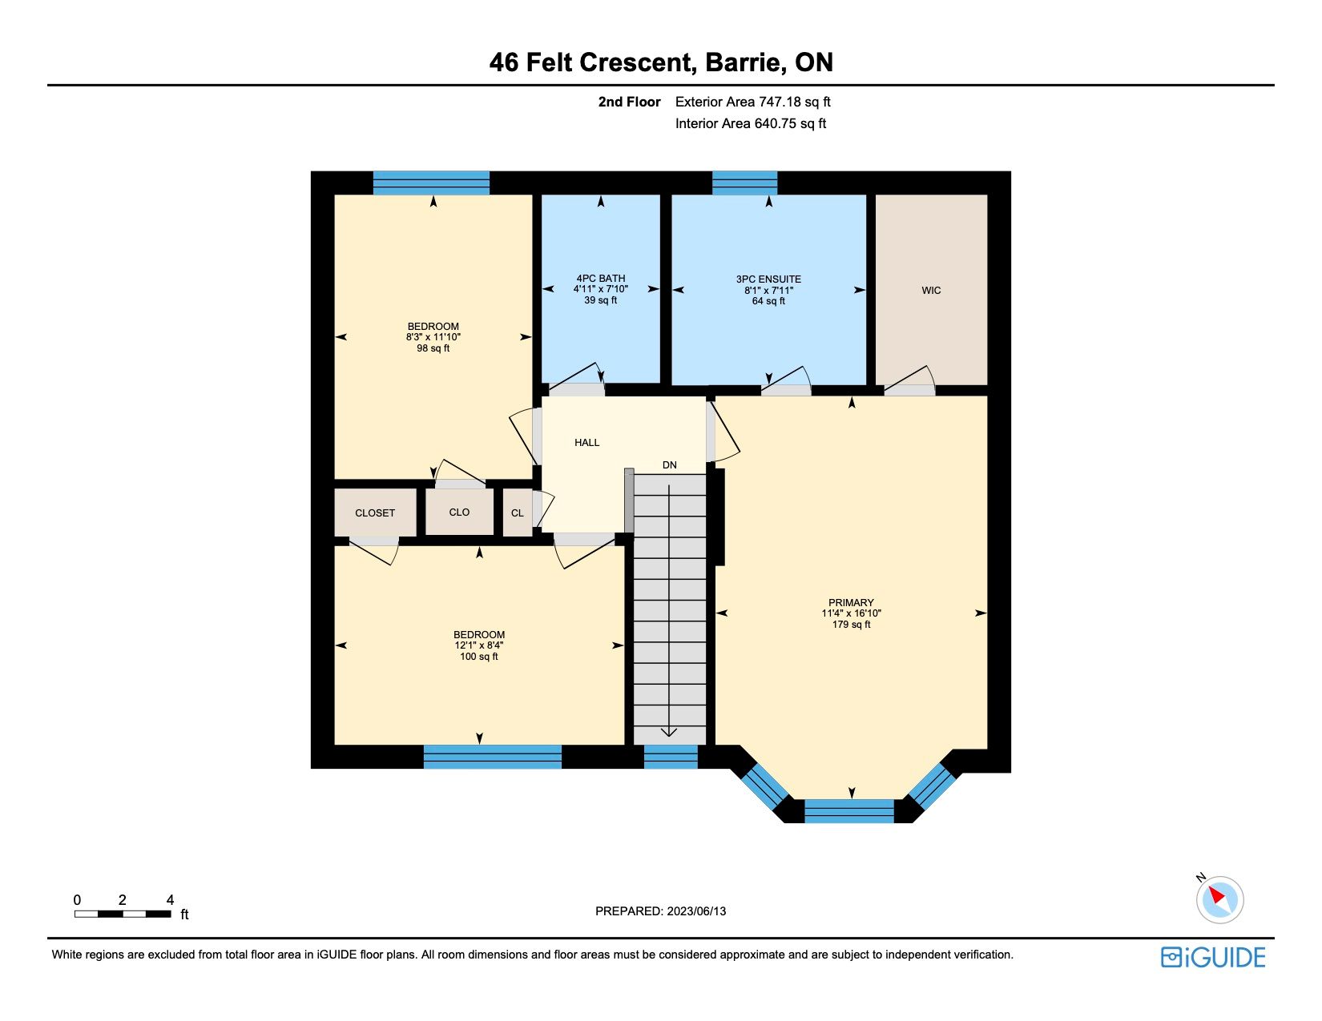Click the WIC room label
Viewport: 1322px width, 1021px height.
coord(931,291)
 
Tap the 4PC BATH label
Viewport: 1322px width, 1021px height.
coord(600,279)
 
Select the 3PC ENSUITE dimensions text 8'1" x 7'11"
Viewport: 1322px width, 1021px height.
coord(768,290)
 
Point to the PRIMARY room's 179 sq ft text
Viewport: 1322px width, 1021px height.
coord(851,625)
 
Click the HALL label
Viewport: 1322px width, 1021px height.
coord(586,443)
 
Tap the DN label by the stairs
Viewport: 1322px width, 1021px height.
coord(669,465)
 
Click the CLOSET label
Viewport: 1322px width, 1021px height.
coord(375,513)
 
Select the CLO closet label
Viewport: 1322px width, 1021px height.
coord(459,513)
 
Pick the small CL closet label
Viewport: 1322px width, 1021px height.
coord(517,513)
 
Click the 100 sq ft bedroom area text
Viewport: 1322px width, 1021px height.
coord(479,657)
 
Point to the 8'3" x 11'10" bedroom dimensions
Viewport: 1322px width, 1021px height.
coord(433,337)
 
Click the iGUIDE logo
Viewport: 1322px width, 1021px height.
coord(1212,958)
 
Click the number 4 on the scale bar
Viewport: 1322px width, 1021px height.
coord(171,899)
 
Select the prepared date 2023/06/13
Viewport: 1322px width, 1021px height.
coord(696,911)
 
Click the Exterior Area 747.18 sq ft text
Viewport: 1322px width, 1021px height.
coord(752,103)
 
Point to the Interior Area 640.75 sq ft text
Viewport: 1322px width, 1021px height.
coord(750,123)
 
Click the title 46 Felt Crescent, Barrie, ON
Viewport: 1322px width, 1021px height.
coord(661,62)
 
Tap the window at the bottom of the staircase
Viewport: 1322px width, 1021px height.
coord(671,757)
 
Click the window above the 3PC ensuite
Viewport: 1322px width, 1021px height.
coord(744,183)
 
